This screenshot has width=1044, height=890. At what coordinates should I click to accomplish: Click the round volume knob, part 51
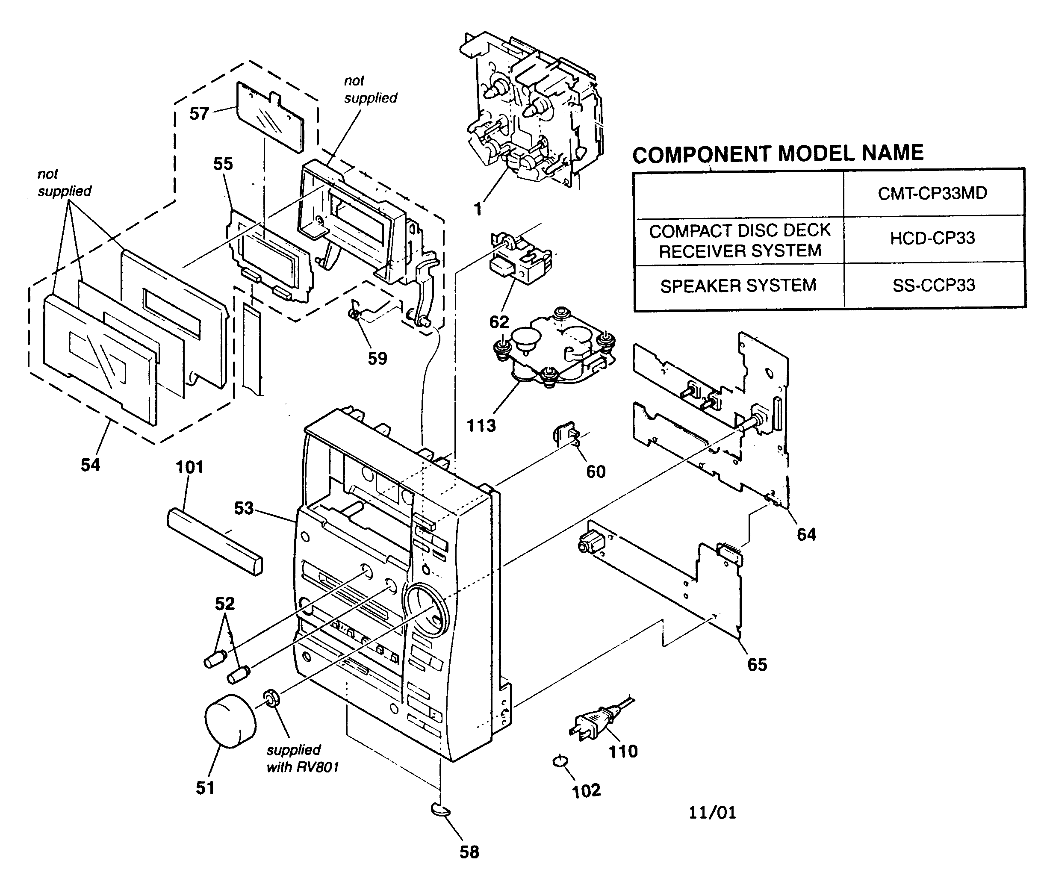[229, 721]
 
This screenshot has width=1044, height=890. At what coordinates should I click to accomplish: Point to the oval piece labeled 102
[561, 761]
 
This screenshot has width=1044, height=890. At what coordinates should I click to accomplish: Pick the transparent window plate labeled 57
[270, 115]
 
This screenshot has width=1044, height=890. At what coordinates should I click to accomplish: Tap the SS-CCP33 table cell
[934, 286]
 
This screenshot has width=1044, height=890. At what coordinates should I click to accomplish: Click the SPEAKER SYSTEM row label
[738, 286]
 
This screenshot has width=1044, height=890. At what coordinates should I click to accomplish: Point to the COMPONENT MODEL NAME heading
[778, 153]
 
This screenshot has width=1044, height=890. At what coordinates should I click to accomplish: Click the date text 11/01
[712, 813]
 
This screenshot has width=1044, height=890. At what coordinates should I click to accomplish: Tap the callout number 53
[243, 508]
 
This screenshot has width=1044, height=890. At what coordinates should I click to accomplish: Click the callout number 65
[757, 665]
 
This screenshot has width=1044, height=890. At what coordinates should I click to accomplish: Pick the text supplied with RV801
[302, 758]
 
